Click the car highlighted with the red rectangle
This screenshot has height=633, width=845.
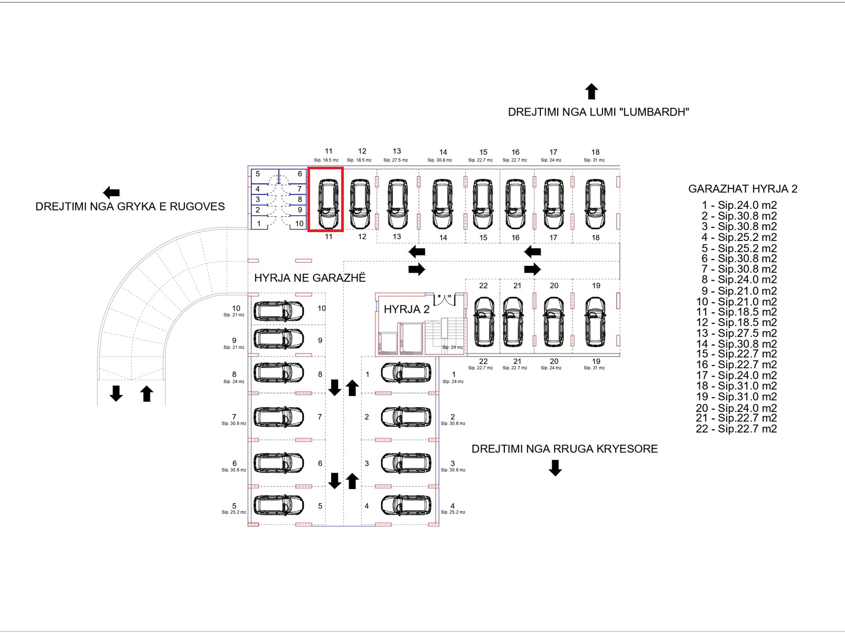point(328,204)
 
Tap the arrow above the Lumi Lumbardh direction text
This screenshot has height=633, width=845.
point(591,92)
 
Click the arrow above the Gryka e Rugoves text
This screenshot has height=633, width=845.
point(111,192)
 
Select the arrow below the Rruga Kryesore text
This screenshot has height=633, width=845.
point(555,468)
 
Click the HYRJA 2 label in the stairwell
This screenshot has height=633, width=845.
point(407,310)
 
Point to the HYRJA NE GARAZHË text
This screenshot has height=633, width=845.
point(310,278)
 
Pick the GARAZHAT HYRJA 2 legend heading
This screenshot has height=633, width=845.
point(743,189)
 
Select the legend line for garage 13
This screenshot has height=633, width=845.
point(736,333)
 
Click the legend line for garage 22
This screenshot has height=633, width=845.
point(736,429)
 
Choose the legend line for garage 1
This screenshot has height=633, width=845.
point(739,205)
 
